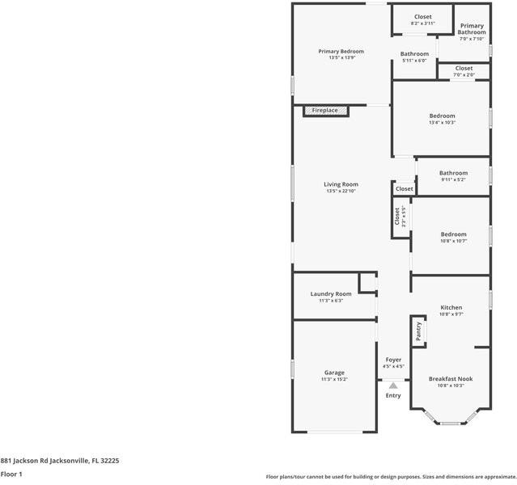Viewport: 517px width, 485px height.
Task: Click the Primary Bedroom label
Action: pyautogui.click(x=341, y=51)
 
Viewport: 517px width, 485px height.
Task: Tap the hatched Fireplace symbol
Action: pyautogui.click(x=327, y=111)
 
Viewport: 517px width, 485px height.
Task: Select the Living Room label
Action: pyautogui.click(x=341, y=184)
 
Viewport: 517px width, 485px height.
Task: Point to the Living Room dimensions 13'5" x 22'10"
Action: pyautogui.click(x=341, y=192)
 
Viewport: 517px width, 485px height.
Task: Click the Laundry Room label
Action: pyautogui.click(x=331, y=293)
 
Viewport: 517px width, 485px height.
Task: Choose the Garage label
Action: pyautogui.click(x=334, y=372)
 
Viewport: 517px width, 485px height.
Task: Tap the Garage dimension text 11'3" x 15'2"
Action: pyautogui.click(x=334, y=379)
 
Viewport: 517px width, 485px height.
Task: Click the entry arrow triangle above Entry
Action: pyautogui.click(x=393, y=386)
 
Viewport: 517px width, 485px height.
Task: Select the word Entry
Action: pyautogui.click(x=393, y=395)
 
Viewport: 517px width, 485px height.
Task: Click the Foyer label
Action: pyautogui.click(x=393, y=360)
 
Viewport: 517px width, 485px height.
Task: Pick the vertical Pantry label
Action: pyautogui.click(x=418, y=331)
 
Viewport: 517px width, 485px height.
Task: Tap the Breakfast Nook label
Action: pyautogui.click(x=451, y=378)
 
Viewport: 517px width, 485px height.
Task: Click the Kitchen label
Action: pyautogui.click(x=451, y=307)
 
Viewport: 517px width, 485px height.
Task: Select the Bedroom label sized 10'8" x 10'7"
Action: pyautogui.click(x=453, y=234)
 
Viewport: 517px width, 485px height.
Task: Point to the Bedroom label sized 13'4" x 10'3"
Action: pyautogui.click(x=442, y=116)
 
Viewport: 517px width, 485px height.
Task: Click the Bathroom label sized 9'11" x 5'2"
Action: pyautogui.click(x=453, y=172)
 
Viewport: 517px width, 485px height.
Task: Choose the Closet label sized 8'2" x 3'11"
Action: pyautogui.click(x=422, y=17)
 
